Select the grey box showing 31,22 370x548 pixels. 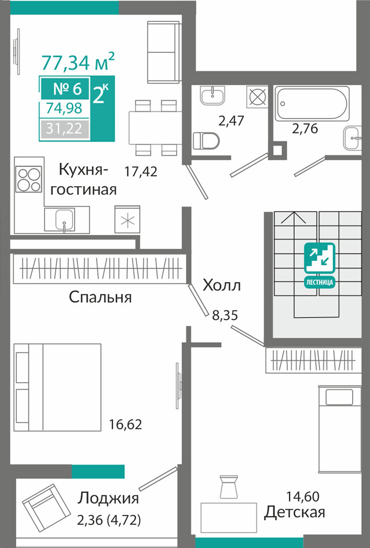pyautogui.click(x=64, y=129)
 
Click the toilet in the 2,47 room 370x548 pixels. pyautogui.click(x=206, y=141)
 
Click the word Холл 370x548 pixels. pyautogui.click(x=222, y=285)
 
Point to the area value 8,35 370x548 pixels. pyautogui.click(x=225, y=315)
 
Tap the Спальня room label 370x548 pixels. pyautogui.click(x=100, y=297)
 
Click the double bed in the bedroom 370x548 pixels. pyautogui.click(x=57, y=387)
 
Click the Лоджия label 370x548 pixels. pyautogui.click(x=108, y=498)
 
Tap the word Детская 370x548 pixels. pyautogui.click(x=294, y=512)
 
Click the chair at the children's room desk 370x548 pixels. pyautogui.click(x=229, y=487)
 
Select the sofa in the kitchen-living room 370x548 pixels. pyautogui.click(x=163, y=52)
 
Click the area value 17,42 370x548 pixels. pyautogui.click(x=141, y=171)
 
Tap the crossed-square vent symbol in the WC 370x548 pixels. pyautogui.click(x=257, y=96)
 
